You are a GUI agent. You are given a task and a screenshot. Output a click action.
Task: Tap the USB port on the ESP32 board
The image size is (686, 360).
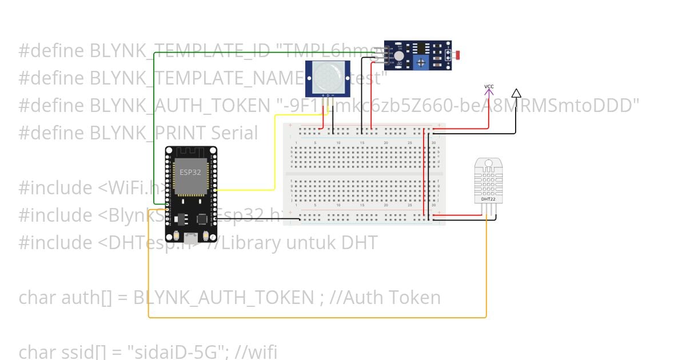tap(191, 236)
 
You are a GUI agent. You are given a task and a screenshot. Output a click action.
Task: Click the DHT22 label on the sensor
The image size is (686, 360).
tap(484, 199)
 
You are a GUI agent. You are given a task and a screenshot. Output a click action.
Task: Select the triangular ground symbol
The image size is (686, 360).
tap(516, 93)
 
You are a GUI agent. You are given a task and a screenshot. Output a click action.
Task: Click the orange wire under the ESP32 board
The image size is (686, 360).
tap(314, 317)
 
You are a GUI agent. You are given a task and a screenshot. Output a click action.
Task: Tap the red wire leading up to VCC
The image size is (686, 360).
tap(489, 114)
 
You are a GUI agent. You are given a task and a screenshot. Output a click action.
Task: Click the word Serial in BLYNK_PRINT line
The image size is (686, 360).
tap(234, 133)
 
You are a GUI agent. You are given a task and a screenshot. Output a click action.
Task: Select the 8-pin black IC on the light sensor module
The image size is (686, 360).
tap(421, 48)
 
